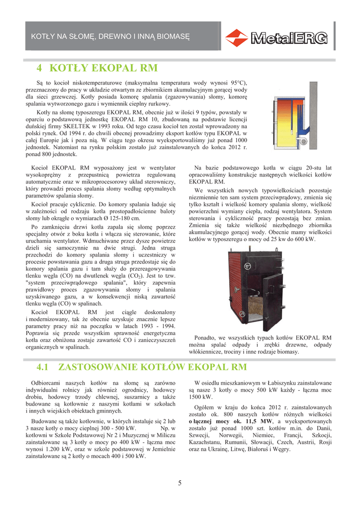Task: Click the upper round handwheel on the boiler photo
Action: point(248,266)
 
